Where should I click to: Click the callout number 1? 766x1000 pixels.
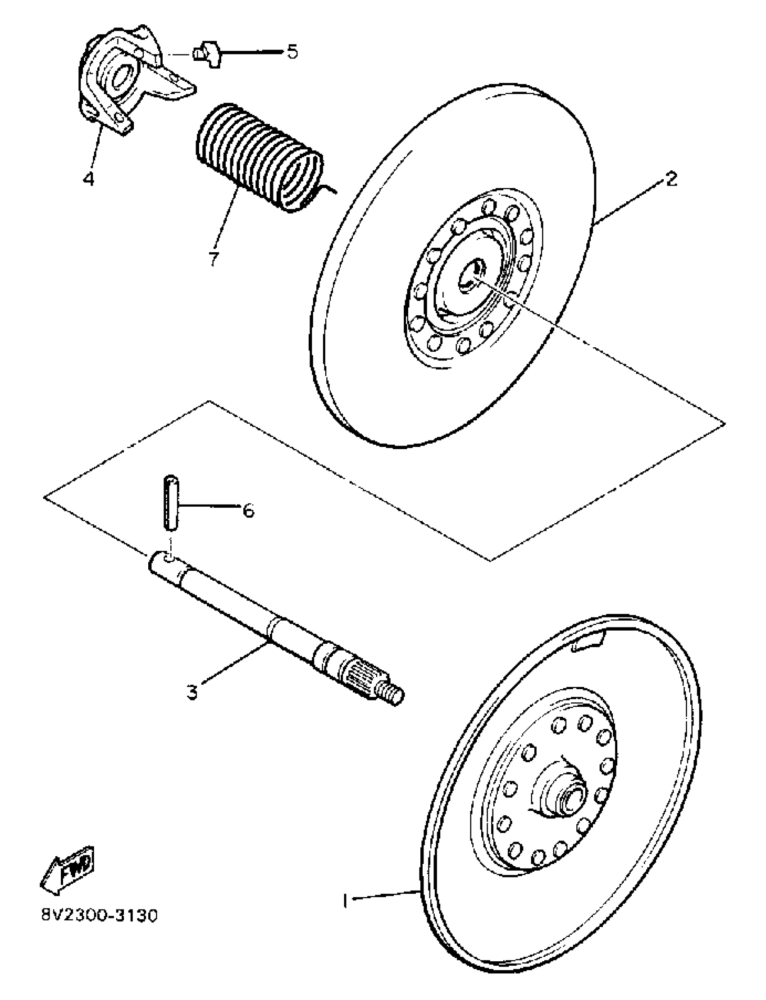point(345,900)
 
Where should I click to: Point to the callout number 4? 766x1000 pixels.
point(88,178)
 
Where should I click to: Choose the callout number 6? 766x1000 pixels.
point(247,510)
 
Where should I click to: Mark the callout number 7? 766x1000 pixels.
point(214,258)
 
